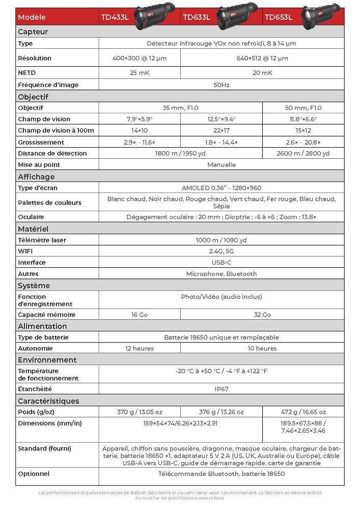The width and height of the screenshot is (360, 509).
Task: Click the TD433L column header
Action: (114, 17)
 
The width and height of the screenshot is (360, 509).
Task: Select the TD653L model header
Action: (278, 17)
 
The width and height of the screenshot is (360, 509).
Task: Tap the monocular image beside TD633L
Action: (237, 13)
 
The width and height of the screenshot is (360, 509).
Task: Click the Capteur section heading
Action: (33, 32)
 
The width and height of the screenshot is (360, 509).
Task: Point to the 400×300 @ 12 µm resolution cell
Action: (140, 58)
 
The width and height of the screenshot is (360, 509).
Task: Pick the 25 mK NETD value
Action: (140, 73)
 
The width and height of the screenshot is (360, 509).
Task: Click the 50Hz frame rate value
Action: (221, 85)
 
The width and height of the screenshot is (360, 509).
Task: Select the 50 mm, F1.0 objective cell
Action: (303, 108)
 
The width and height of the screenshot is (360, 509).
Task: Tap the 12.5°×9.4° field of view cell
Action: (221, 119)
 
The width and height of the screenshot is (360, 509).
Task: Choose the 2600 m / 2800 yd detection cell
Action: (303, 153)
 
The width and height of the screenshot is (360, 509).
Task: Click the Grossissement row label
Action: (41, 143)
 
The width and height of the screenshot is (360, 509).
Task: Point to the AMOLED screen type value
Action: (221, 188)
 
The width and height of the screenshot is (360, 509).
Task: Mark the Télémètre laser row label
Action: (42, 240)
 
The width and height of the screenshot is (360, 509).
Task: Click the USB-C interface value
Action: (221, 263)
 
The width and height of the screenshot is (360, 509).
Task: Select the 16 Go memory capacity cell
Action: (140, 315)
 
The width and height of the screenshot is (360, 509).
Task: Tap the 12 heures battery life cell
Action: (140, 349)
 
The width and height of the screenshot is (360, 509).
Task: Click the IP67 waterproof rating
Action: (221, 389)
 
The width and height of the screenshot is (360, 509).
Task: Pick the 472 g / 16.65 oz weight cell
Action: (303, 412)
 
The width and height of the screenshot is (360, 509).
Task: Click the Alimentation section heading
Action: (42, 326)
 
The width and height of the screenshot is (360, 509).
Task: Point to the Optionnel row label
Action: (34, 474)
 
